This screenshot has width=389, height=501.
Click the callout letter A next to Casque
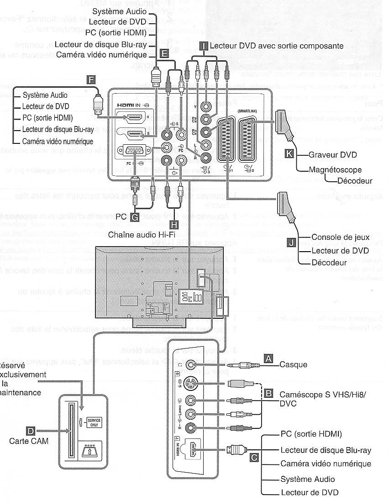[269, 359]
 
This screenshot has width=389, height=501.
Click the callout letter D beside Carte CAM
[31, 431]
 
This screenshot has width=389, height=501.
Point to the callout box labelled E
[165, 53]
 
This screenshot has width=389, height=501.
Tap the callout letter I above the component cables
[204, 45]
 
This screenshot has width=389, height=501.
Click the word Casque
[293, 364]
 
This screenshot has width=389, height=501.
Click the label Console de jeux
[336, 237]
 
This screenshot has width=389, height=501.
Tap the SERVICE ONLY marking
[94, 422]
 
